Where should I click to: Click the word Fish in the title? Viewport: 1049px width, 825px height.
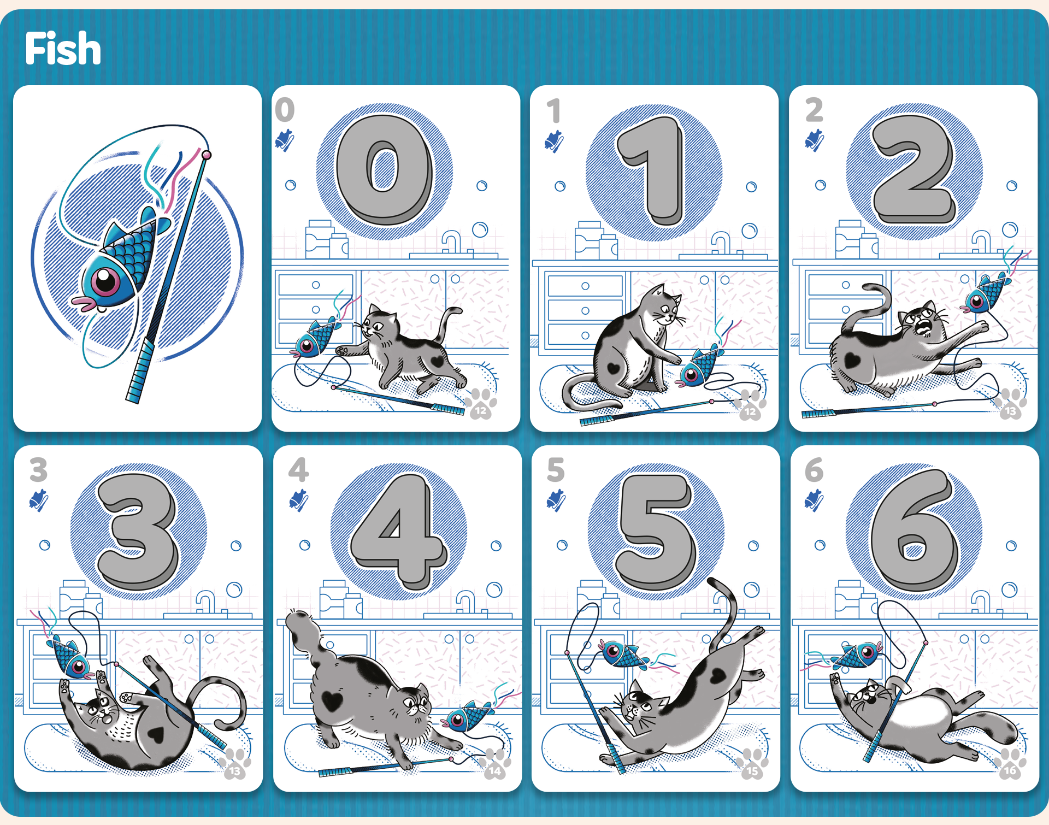(x=63, y=48)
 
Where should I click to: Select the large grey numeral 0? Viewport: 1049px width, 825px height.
(x=385, y=169)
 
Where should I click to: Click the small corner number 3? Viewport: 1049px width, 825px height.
(x=38, y=469)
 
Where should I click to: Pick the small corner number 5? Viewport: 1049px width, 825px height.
(x=556, y=469)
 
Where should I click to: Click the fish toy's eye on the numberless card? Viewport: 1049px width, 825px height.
(x=105, y=281)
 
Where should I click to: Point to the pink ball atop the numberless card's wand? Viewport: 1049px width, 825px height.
(x=207, y=155)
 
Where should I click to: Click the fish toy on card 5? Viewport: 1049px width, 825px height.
(x=623, y=653)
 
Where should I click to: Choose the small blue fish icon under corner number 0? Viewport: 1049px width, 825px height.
(x=285, y=140)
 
